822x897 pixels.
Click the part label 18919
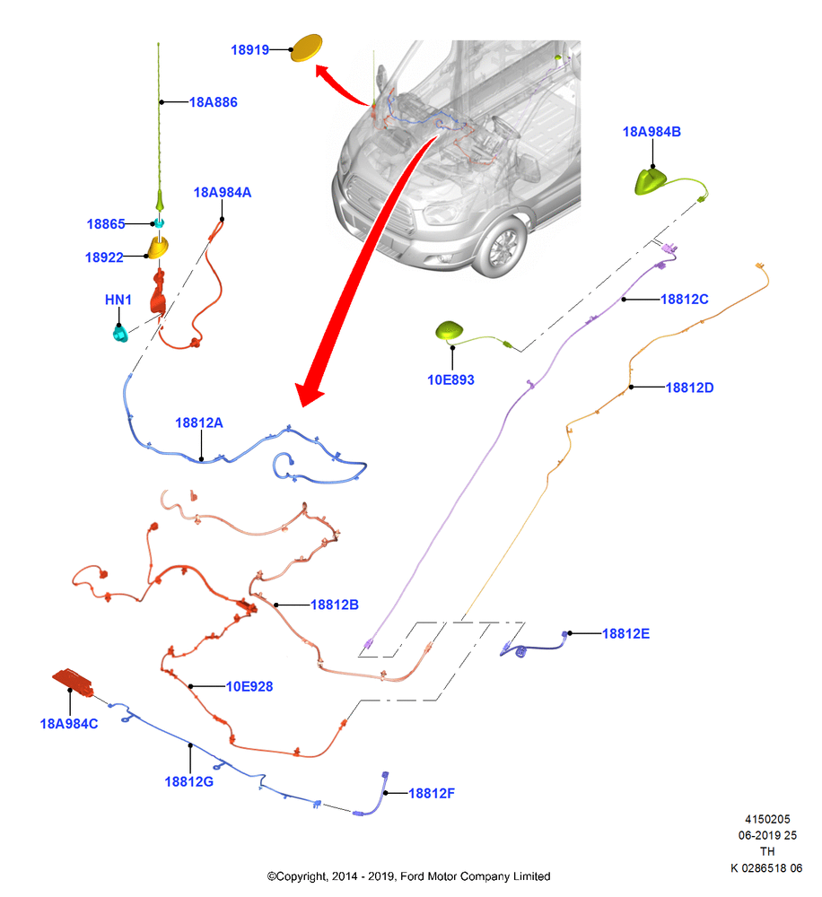tap(249, 49)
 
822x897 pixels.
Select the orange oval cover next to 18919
tap(306, 48)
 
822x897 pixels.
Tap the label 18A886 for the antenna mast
tap(213, 102)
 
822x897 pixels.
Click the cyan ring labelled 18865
tap(159, 223)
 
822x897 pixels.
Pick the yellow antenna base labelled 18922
tap(158, 248)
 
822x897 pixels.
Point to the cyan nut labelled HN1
tap(120, 333)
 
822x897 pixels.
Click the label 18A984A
tap(222, 192)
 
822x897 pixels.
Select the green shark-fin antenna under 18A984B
tap(651, 181)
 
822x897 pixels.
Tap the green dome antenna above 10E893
tap(449, 331)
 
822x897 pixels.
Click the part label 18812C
tap(684, 300)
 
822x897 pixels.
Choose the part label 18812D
tap(689, 388)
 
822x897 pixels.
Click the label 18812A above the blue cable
tap(198, 422)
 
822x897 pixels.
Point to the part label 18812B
tap(335, 605)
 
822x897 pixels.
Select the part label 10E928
tap(249, 686)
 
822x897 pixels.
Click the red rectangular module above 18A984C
tap(73, 682)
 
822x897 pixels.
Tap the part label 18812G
tap(189, 781)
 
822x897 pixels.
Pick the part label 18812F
tap(432, 794)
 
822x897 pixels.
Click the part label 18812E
tap(625, 634)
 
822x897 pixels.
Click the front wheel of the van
tap(502, 248)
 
